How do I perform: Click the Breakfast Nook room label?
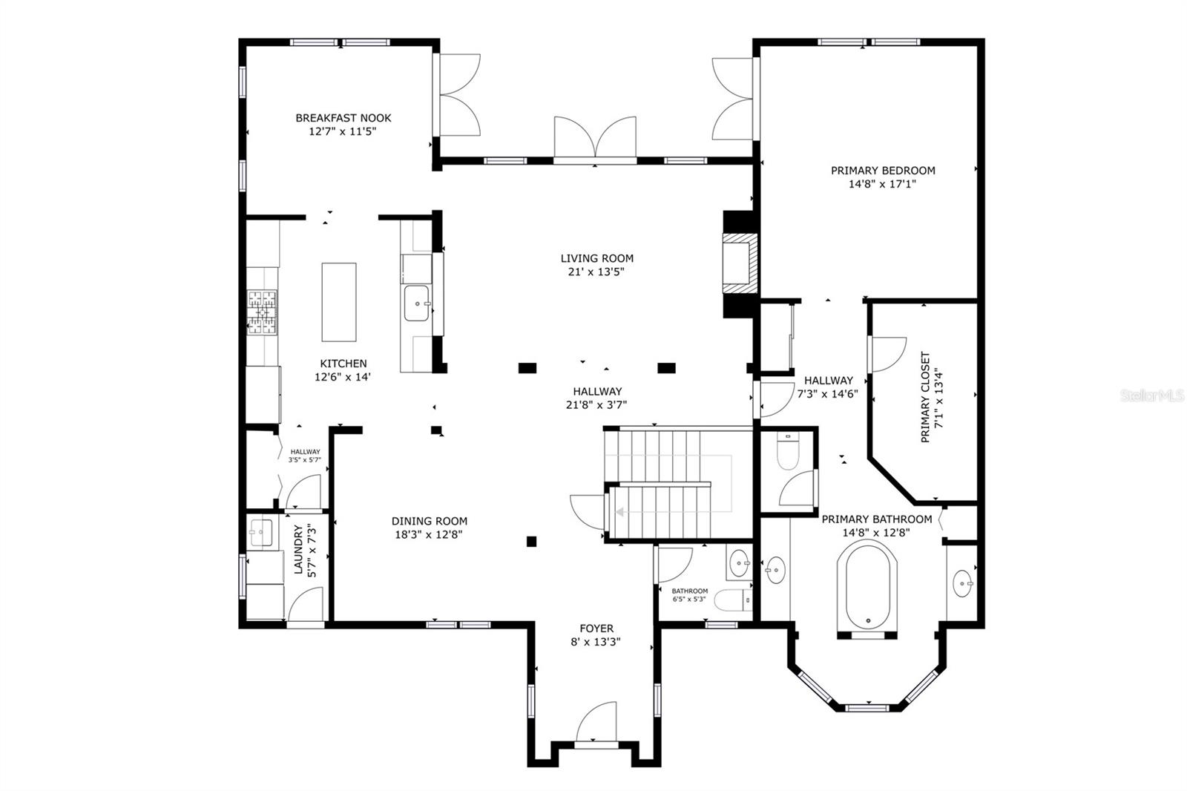point(343,118)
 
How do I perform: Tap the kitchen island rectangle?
point(338,302)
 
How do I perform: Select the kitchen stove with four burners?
point(263,312)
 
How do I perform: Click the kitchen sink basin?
point(416,303)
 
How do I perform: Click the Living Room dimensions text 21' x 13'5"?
point(596,272)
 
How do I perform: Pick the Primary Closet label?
point(925,396)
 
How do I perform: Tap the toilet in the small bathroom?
point(733,600)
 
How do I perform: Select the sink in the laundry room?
point(261,532)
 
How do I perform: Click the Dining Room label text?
point(430,521)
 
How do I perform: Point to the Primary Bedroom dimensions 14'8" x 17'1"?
point(882,184)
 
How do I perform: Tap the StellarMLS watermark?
point(1151,395)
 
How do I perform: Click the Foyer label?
point(596,628)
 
